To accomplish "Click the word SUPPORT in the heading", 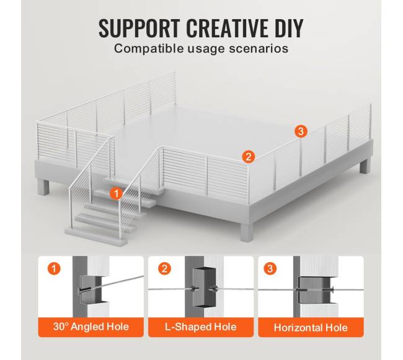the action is [139, 28].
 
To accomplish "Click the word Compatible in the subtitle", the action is [149, 48].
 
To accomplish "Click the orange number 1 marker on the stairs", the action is [116, 193].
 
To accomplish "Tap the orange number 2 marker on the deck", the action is [249, 156].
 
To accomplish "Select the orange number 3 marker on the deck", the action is [301, 131].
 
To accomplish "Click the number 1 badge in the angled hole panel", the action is [54, 269].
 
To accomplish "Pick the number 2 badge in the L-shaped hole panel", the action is [164, 269].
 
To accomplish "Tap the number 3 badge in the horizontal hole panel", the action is [270, 269].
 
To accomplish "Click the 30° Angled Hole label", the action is [91, 327].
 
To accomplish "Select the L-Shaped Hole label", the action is [201, 327].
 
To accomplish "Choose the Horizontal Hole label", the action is [311, 328].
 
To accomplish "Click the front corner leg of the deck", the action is [247, 232].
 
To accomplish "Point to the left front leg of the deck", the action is [43, 188].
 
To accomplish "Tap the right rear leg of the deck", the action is [365, 166].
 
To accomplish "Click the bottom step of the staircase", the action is [96, 235].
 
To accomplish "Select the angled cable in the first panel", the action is [112, 284].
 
